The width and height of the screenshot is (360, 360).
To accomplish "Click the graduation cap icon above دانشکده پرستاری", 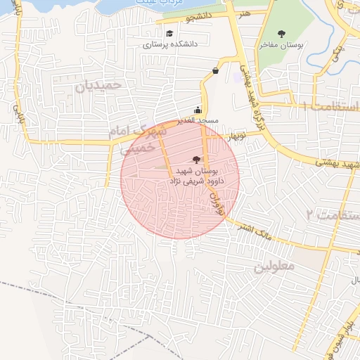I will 169,33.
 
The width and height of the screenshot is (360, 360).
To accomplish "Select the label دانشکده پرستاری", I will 170,44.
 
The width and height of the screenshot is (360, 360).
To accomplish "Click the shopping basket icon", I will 215,70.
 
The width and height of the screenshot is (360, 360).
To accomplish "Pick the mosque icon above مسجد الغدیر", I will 198,109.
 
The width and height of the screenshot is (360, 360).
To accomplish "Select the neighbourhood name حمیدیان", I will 98,85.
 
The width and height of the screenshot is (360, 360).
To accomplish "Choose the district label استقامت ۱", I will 330,105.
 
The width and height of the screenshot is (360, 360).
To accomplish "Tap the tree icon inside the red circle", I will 195,160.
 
